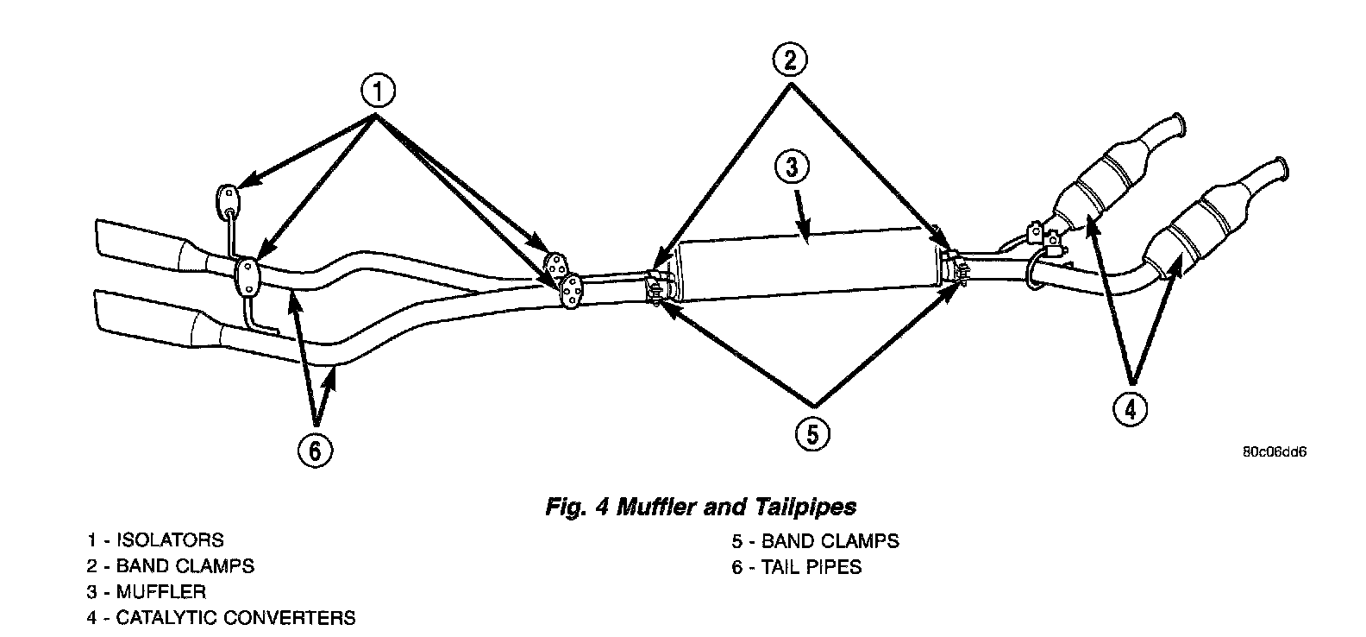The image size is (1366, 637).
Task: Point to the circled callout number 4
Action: pos(1131,408)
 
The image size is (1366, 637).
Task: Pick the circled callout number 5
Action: pos(812,433)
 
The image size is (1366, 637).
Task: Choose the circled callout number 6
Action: pos(315,450)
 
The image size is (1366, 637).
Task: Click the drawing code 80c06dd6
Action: pos(1275,451)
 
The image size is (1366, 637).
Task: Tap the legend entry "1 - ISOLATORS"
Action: pos(155,540)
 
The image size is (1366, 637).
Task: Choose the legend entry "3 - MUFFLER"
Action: pos(147,592)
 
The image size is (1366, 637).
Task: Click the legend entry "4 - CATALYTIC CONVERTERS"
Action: pos(221,618)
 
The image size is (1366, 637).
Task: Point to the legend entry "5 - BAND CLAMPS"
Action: pos(815,541)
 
